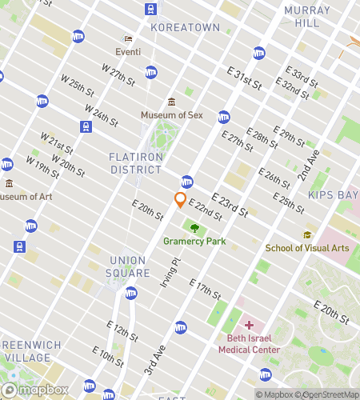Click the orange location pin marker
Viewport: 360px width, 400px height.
tap(181, 200)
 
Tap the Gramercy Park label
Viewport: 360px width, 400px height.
tap(194, 241)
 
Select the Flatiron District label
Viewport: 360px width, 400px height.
tap(136, 162)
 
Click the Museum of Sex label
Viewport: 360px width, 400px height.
tap(172, 115)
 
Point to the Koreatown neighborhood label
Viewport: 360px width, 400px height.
tap(185, 27)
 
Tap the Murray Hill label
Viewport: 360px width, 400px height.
tap(306, 17)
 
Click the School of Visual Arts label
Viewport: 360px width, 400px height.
tap(307, 248)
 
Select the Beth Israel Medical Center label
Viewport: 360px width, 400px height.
tap(248, 344)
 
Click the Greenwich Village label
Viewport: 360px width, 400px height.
tap(30, 350)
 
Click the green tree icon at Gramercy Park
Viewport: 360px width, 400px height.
tap(194, 227)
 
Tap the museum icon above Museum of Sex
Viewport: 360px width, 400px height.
tap(171, 102)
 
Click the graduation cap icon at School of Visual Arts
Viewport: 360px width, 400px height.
tap(307, 234)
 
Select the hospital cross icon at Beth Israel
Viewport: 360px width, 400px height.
tap(248, 325)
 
